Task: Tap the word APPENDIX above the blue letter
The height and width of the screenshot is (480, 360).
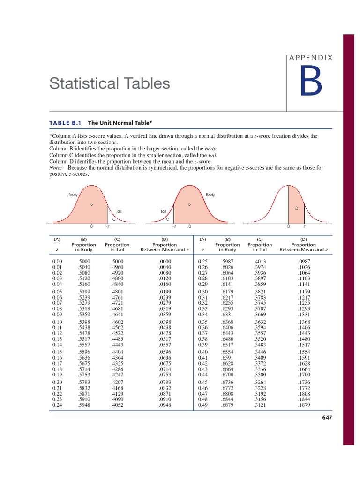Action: click(311, 58)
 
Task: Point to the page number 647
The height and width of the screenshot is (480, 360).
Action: click(326, 418)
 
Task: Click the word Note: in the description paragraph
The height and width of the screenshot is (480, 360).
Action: click(56, 168)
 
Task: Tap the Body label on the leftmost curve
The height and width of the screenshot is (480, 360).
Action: click(73, 195)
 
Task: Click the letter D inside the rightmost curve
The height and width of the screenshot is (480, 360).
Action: click(297, 208)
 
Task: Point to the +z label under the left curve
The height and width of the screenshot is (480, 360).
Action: click(107, 226)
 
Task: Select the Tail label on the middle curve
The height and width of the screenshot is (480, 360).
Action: click(163, 211)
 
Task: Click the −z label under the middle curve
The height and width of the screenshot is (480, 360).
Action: click(173, 226)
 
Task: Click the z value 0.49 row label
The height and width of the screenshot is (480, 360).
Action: click(203, 405)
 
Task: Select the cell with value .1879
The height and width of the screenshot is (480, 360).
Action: click(304, 405)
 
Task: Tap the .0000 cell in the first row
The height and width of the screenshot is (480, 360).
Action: click(165, 261)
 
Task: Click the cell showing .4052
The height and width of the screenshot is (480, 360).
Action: click(117, 405)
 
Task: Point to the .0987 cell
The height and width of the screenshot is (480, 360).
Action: click(304, 261)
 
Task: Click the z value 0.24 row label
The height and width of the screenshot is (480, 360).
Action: click(57, 405)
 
